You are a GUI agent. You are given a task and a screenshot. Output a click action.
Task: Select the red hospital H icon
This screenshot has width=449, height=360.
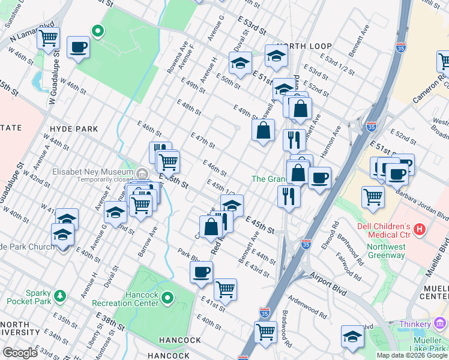point(420,229)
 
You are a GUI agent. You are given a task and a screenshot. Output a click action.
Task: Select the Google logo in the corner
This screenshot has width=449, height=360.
point(20,353)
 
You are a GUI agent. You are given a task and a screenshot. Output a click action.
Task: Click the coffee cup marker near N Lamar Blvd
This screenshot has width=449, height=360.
point(79,47)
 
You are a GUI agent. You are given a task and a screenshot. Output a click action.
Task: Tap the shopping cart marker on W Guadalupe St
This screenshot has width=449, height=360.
point(48,38)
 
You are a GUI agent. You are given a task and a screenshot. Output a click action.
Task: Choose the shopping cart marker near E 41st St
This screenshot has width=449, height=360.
point(225,289)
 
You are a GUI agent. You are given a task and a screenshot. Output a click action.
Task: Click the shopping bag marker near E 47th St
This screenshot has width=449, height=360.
point(263,130)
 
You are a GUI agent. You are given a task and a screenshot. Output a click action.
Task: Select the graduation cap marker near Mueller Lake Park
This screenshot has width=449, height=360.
point(352,336)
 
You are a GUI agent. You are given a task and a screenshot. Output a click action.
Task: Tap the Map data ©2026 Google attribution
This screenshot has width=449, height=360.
point(411,355)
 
